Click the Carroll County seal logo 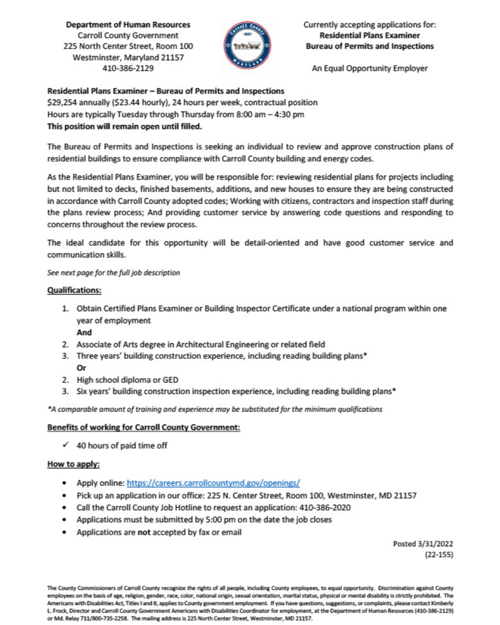pos(247,46)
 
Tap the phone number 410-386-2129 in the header pos(128,69)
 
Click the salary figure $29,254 pos(62,103)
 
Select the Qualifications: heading pos(74,290)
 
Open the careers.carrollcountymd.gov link pos(213,483)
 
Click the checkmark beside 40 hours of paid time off pos(65,445)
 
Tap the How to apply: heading pos(73,464)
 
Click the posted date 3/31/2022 pos(435,544)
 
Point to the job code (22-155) pos(439,555)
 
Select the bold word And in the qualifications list pos(84,332)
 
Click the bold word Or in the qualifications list pos(81,368)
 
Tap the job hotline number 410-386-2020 pos(325,507)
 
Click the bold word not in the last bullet pos(144,532)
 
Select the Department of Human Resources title pos(128,25)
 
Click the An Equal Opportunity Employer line pos(369,69)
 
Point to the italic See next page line pos(113,273)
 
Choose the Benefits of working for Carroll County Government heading pos(144,427)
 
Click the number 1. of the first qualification pos(65,309)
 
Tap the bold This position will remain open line pos(125,126)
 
